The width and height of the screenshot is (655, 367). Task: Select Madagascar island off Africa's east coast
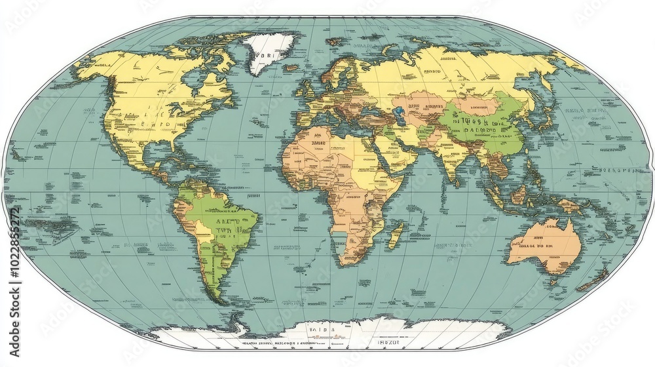[395, 235]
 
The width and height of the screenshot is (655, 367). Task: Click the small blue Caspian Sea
[398, 110]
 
